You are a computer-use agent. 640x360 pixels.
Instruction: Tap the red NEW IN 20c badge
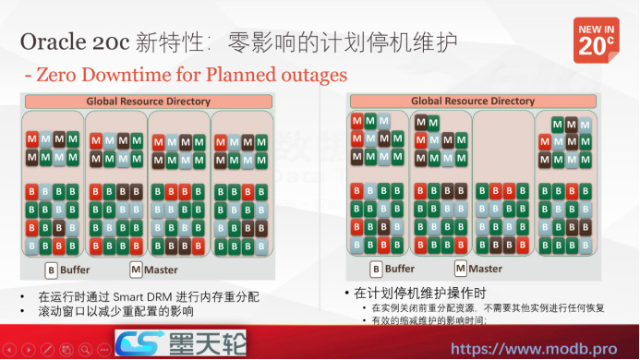coord(596,41)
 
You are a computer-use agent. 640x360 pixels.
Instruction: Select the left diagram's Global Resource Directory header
coord(148,101)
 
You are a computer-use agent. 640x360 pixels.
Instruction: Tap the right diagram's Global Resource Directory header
coord(473,101)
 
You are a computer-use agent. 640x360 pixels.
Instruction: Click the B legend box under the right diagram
coord(376,270)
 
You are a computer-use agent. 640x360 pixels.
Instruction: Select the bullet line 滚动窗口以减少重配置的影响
coord(115,312)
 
